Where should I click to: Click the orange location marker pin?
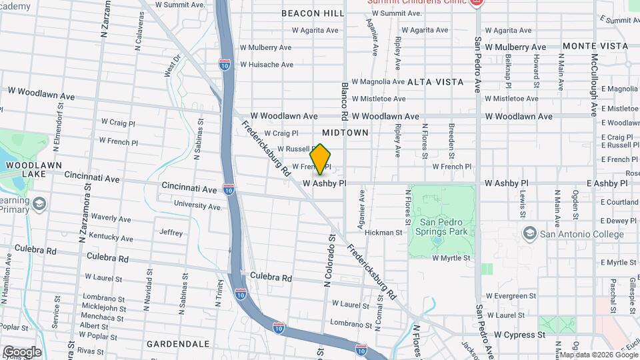tap(320, 159)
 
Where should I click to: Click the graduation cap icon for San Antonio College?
tap(529, 233)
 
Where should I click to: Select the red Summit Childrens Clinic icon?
tap(475, 3)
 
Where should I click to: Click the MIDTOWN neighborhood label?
tap(345, 133)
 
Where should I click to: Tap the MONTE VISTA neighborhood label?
tap(595, 46)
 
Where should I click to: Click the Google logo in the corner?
tap(21, 352)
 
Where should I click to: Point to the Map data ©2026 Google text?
tap(599, 355)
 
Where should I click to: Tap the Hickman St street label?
tap(384, 233)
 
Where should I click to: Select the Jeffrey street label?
tap(171, 233)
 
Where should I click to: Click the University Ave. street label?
tap(197, 207)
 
